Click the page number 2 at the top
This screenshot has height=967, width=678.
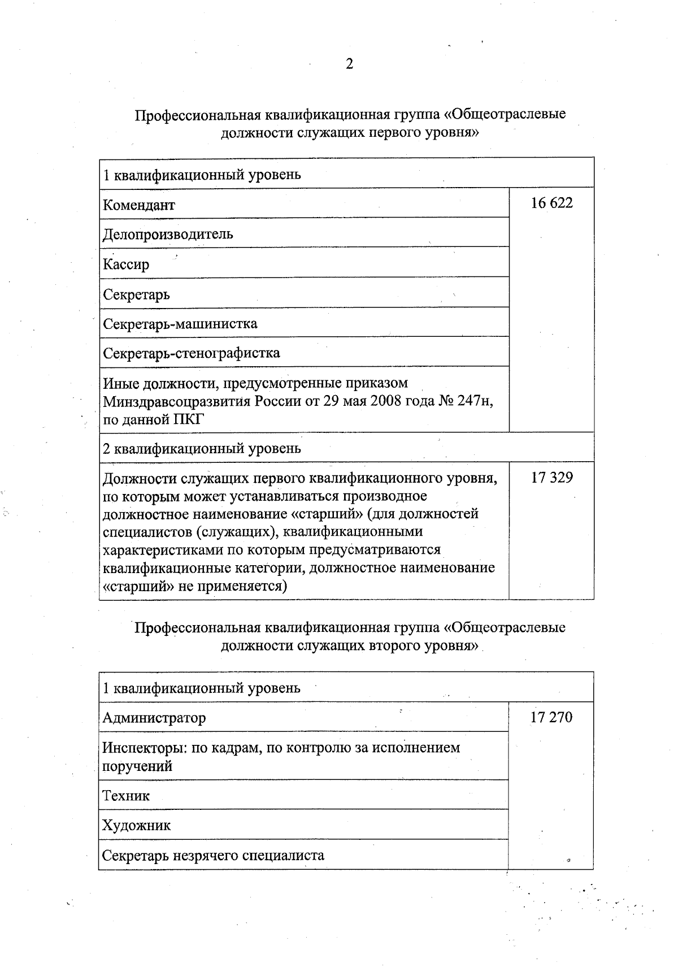coord(349,64)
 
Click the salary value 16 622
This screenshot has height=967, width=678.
coord(551,203)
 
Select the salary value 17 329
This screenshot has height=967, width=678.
coord(551,478)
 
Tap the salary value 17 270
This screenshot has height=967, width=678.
coord(551,717)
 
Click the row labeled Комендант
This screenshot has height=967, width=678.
coord(139,205)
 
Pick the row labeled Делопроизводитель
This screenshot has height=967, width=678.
coord(168,234)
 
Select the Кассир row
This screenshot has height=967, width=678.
coord(126,264)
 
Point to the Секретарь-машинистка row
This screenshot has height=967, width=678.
coord(180,324)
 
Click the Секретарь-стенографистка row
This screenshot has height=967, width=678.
coord(191,353)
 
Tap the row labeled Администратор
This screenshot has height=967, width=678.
coord(154,718)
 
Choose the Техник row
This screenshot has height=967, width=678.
coord(125,796)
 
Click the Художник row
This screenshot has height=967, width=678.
coord(136,826)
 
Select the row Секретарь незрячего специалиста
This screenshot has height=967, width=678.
coord(213,855)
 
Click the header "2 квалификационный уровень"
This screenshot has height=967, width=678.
coord(202,448)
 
